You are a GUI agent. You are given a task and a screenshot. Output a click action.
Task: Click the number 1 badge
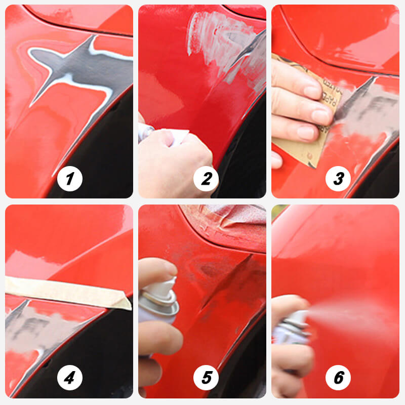[x=70, y=179]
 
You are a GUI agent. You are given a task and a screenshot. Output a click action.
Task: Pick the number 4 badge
[x=70, y=378]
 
